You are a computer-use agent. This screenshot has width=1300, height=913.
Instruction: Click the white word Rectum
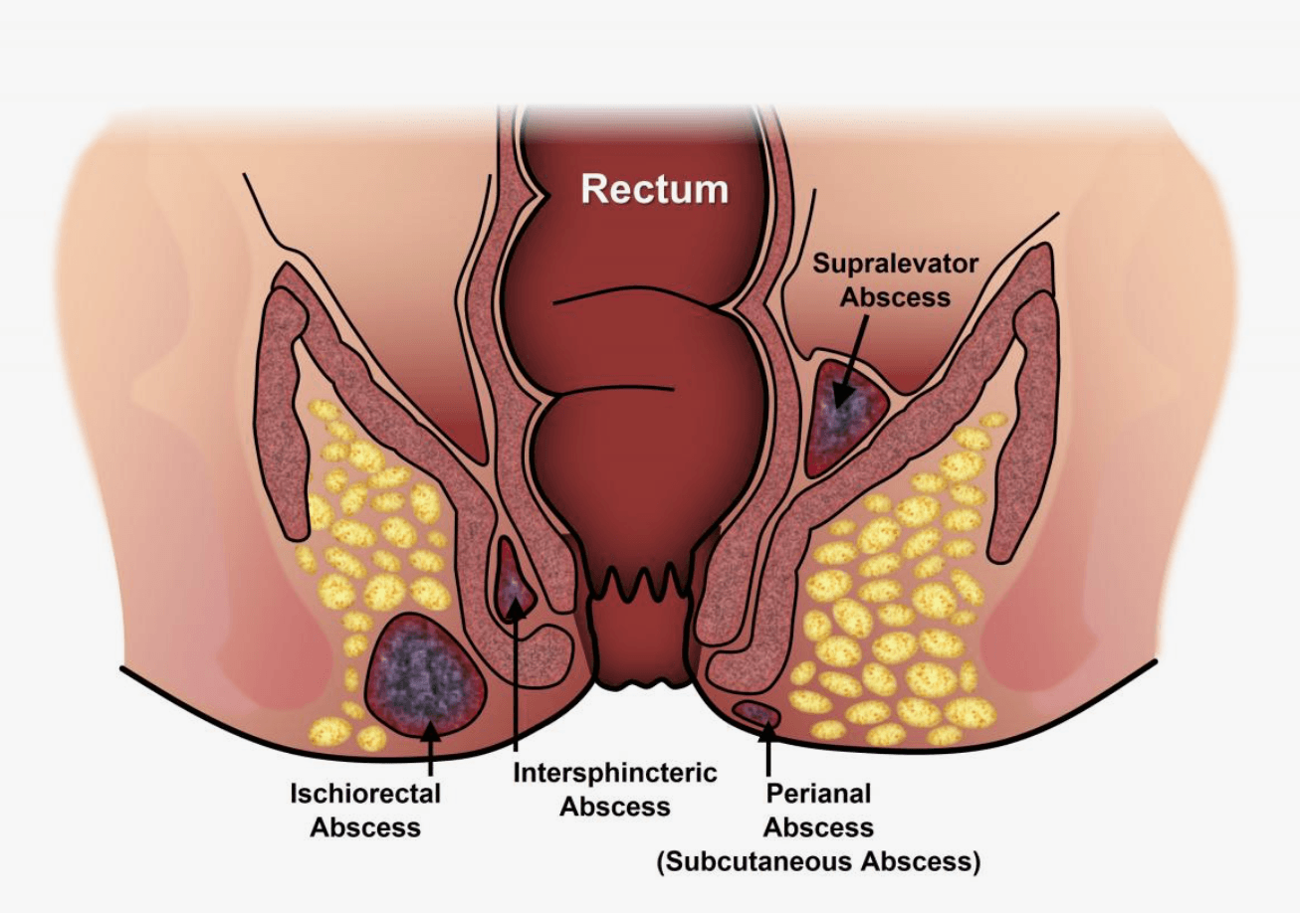coord(655,189)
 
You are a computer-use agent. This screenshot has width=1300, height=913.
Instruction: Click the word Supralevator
coord(896,264)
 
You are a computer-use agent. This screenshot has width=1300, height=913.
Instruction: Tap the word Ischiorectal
coord(365,794)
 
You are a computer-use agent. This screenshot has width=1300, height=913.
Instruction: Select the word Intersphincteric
coord(615,773)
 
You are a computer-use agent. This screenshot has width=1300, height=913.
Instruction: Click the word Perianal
coord(819,794)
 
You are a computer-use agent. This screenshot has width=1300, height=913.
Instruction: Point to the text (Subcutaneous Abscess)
coord(819,861)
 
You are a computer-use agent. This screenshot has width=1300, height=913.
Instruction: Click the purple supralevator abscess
coord(846,419)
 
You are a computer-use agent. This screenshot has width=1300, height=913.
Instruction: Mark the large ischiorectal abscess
coord(424,676)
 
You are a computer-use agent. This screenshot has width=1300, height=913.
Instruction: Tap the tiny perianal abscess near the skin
coord(757,713)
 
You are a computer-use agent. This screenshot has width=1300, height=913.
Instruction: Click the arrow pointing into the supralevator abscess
coord(850,359)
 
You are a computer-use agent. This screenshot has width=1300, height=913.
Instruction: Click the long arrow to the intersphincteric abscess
coord(516,677)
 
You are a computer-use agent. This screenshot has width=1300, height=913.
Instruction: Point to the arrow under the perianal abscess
coord(768,749)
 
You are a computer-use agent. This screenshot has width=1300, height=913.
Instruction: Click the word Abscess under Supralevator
coord(896,297)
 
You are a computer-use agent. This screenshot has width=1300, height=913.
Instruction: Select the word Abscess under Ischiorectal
coord(365,827)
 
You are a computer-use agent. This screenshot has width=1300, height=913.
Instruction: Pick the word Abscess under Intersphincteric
coord(615,807)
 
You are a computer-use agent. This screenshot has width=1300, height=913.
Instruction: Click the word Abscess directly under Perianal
coord(819,827)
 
